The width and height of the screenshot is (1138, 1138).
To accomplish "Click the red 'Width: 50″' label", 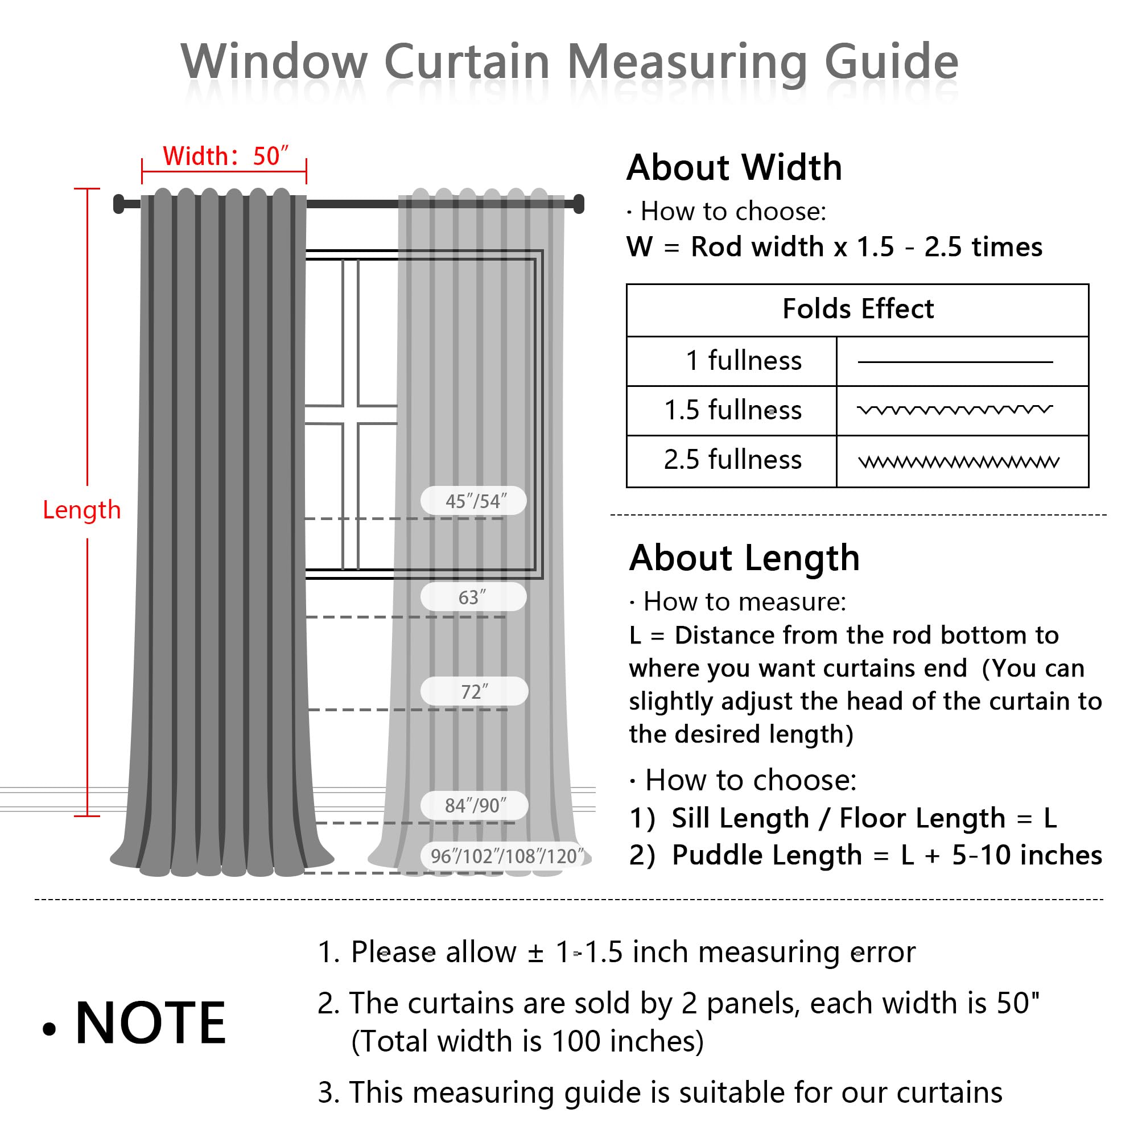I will (x=225, y=156).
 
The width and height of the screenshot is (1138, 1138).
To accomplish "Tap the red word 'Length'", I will (x=82, y=510).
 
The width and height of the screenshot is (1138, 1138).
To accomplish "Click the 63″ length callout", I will (x=473, y=597).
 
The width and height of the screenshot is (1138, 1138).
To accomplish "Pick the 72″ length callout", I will (x=474, y=691).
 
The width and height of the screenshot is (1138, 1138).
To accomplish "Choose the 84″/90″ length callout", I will (x=475, y=805).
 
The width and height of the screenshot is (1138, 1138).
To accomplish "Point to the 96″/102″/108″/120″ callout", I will (x=506, y=856).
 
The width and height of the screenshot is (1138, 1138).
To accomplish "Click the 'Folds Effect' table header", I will (x=857, y=309).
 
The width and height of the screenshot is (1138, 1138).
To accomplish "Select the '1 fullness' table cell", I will (x=743, y=361).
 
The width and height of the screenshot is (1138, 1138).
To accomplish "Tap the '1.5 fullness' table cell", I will (x=733, y=410).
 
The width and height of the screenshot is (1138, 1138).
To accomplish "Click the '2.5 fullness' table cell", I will (x=733, y=459).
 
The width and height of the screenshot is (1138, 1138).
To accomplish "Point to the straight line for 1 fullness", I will (x=955, y=362).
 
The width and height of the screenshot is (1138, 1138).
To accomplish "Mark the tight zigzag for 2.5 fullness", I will (x=959, y=462).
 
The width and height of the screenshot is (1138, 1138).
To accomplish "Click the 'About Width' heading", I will (x=734, y=168).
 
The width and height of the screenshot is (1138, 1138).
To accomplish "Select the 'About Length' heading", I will (x=744, y=558).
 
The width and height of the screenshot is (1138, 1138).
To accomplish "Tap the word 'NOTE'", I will (x=150, y=1024).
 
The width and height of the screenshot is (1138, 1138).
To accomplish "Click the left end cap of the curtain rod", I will (x=119, y=204).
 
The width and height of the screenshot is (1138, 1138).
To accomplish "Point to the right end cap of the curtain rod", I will (x=579, y=203).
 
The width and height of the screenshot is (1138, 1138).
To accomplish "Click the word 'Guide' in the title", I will (x=891, y=62).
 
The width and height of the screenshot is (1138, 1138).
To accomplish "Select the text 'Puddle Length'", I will (x=767, y=855).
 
